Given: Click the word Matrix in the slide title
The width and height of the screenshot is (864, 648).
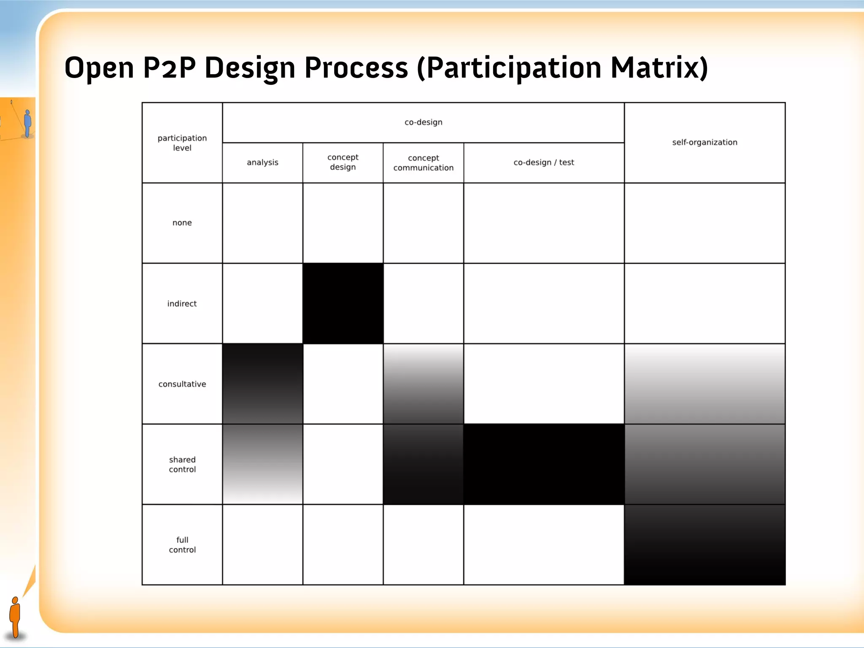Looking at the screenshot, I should [659, 67].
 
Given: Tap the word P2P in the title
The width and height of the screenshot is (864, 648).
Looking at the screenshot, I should [169, 67].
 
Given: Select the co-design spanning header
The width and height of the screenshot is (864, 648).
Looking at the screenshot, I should [423, 122].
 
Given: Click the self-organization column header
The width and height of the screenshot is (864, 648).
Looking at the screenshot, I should [705, 143].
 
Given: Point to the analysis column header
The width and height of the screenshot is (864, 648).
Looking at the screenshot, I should [262, 162].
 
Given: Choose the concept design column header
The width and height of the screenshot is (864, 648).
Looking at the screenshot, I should [343, 162].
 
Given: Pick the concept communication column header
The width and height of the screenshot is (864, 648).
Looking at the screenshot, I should [423, 163].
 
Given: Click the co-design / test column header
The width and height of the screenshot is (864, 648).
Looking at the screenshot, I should [544, 162].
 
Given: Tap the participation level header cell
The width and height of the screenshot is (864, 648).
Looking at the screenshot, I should [182, 143].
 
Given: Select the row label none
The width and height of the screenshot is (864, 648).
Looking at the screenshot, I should [182, 223].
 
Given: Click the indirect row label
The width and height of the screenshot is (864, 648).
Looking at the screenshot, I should [182, 304].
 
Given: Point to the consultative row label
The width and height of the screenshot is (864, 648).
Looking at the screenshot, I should [182, 384].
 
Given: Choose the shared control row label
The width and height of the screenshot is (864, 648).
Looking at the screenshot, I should [182, 464].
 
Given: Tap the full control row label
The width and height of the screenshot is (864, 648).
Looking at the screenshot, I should [182, 545].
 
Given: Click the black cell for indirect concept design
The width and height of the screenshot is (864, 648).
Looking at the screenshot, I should [343, 304].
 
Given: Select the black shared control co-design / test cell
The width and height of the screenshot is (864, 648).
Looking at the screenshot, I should [544, 464].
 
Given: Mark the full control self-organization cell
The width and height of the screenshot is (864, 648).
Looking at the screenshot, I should [705, 545].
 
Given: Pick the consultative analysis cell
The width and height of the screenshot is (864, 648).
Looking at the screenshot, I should [262, 384].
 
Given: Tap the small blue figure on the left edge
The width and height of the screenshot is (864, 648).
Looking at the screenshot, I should [28, 123].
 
